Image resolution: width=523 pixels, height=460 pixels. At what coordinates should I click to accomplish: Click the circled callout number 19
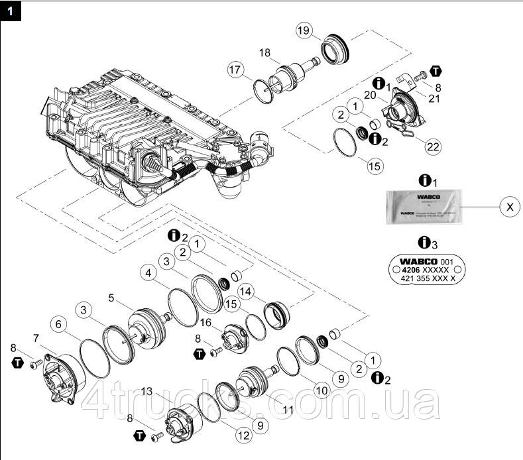(303, 30)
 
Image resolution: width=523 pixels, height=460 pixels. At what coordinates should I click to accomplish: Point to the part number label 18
(264, 52)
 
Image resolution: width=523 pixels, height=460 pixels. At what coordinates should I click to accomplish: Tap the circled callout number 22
(433, 145)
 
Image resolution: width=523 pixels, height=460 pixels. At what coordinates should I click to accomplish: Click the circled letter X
(509, 207)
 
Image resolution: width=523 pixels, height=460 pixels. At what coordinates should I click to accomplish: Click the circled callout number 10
(321, 390)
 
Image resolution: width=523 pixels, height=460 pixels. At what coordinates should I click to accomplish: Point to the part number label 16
(205, 322)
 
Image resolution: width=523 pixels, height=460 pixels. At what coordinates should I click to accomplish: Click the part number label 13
(147, 391)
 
